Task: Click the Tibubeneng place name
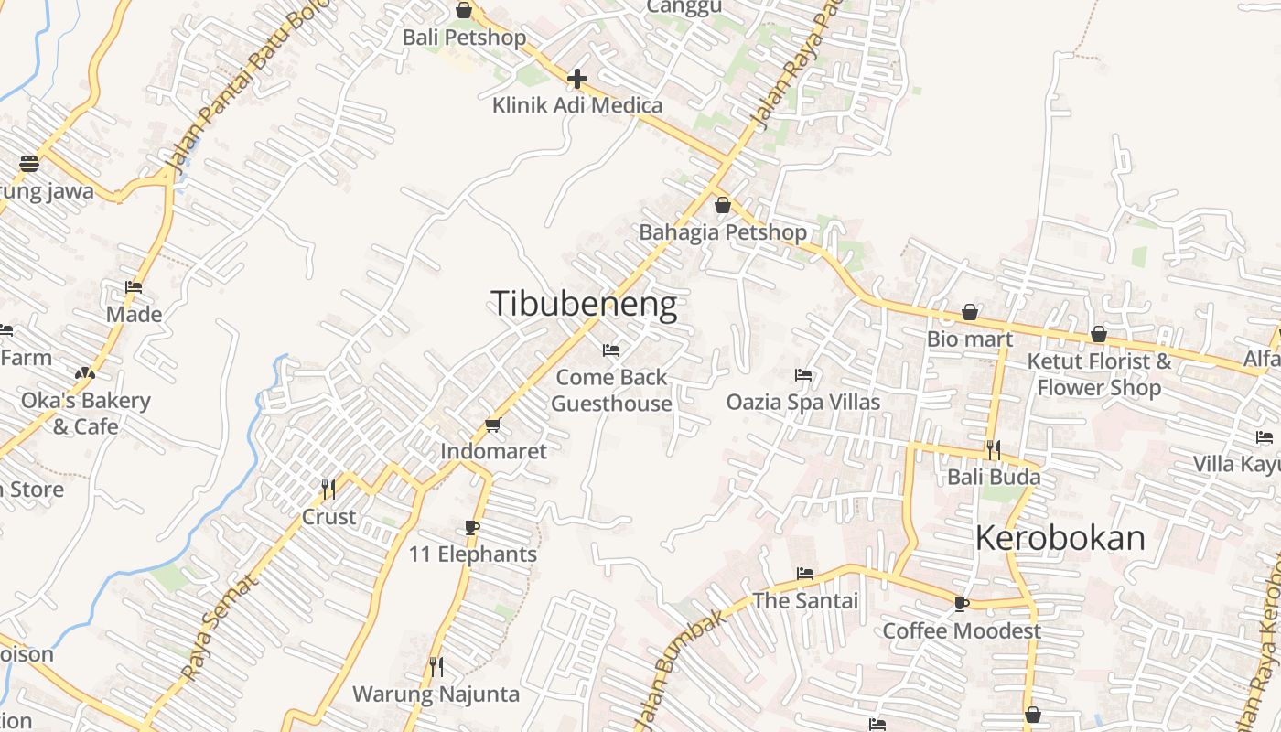(585, 304)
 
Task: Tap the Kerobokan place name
(1060, 538)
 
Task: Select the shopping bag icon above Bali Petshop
(464, 11)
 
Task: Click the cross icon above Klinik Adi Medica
(577, 79)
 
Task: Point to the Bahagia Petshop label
(722, 232)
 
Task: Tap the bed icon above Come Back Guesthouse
(611, 350)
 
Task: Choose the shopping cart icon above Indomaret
(493, 425)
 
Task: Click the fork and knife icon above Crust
(328, 490)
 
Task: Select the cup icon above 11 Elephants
(472, 527)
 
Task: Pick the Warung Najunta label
(436, 694)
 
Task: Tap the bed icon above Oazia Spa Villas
(803, 375)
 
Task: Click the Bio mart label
(970, 339)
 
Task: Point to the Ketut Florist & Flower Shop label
(1099, 373)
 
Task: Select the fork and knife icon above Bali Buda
(993, 450)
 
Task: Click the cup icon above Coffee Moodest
(961, 604)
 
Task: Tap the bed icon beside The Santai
(805, 574)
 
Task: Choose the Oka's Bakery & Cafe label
(85, 414)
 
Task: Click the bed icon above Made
(134, 287)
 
